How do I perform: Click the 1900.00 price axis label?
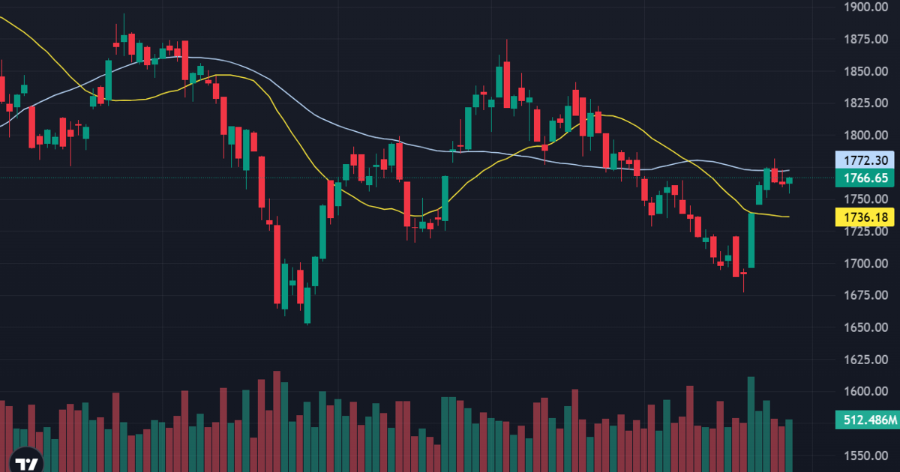[865, 7]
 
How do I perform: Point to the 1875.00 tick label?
[865, 39]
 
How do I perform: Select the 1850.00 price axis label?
[865, 71]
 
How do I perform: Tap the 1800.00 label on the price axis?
[865, 136]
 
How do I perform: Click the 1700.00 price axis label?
[865, 264]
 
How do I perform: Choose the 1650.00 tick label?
[865, 327]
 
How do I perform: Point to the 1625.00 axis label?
[865, 360]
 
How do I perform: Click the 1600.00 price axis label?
[865, 391]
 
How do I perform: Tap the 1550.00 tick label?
[865, 456]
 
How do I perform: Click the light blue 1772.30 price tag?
[865, 160]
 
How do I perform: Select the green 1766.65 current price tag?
[865, 178]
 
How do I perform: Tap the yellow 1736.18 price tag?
[865, 217]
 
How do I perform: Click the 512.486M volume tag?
[868, 420]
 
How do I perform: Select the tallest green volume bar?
[751, 424]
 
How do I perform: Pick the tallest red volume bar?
[277, 421]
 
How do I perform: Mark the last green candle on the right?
[789, 181]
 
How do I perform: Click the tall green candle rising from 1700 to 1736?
[751, 240]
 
